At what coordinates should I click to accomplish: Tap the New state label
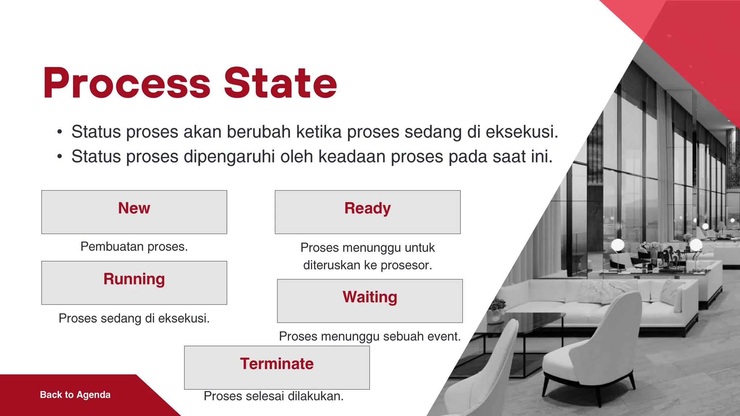coord(134,208)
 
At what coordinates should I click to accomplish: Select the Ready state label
coord(367,208)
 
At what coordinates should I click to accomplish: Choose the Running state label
coord(134,279)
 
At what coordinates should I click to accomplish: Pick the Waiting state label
coord(370,297)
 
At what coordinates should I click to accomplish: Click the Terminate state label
coord(277,364)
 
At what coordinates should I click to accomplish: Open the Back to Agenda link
coord(75,395)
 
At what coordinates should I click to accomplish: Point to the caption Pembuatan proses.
coord(134,247)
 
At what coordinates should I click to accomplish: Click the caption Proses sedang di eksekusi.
coord(134,318)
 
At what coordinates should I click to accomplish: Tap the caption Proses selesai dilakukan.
coord(274,396)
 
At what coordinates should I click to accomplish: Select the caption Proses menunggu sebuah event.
coord(370,337)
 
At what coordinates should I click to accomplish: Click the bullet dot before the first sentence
coord(60,132)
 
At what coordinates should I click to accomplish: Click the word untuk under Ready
coord(420,248)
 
